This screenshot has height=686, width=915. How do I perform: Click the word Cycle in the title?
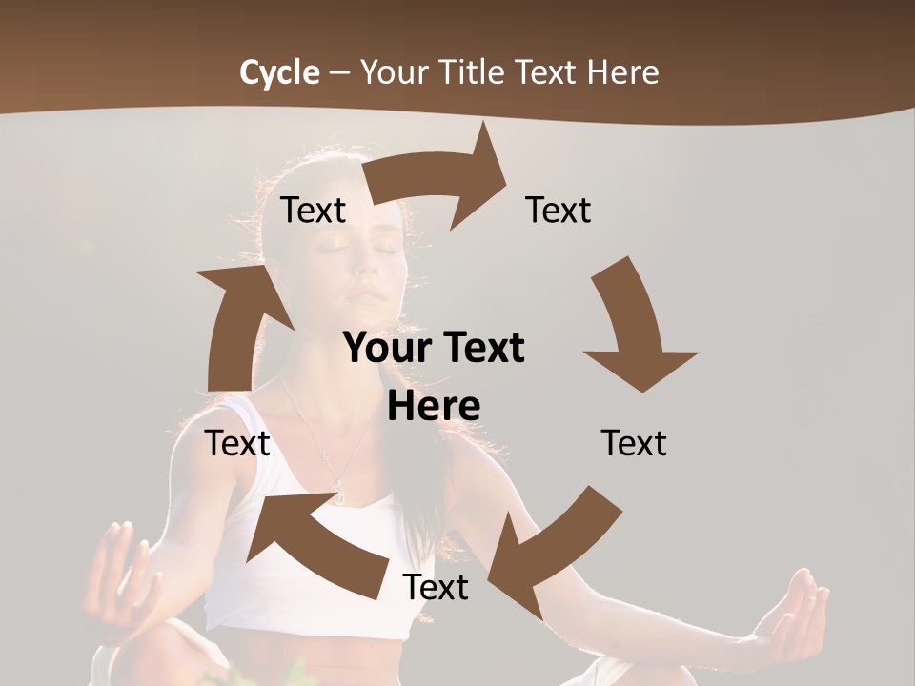[x=279, y=72]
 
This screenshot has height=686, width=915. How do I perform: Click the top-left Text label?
[x=314, y=211]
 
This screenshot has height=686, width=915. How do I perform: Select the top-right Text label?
[x=559, y=210]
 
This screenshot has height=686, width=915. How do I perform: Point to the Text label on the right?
[x=634, y=443]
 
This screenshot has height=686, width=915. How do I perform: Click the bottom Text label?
[x=436, y=587]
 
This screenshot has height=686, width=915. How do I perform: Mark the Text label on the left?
[x=237, y=443]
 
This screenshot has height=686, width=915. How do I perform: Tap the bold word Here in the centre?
[x=434, y=406]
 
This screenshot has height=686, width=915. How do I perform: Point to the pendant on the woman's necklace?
[x=336, y=491]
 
